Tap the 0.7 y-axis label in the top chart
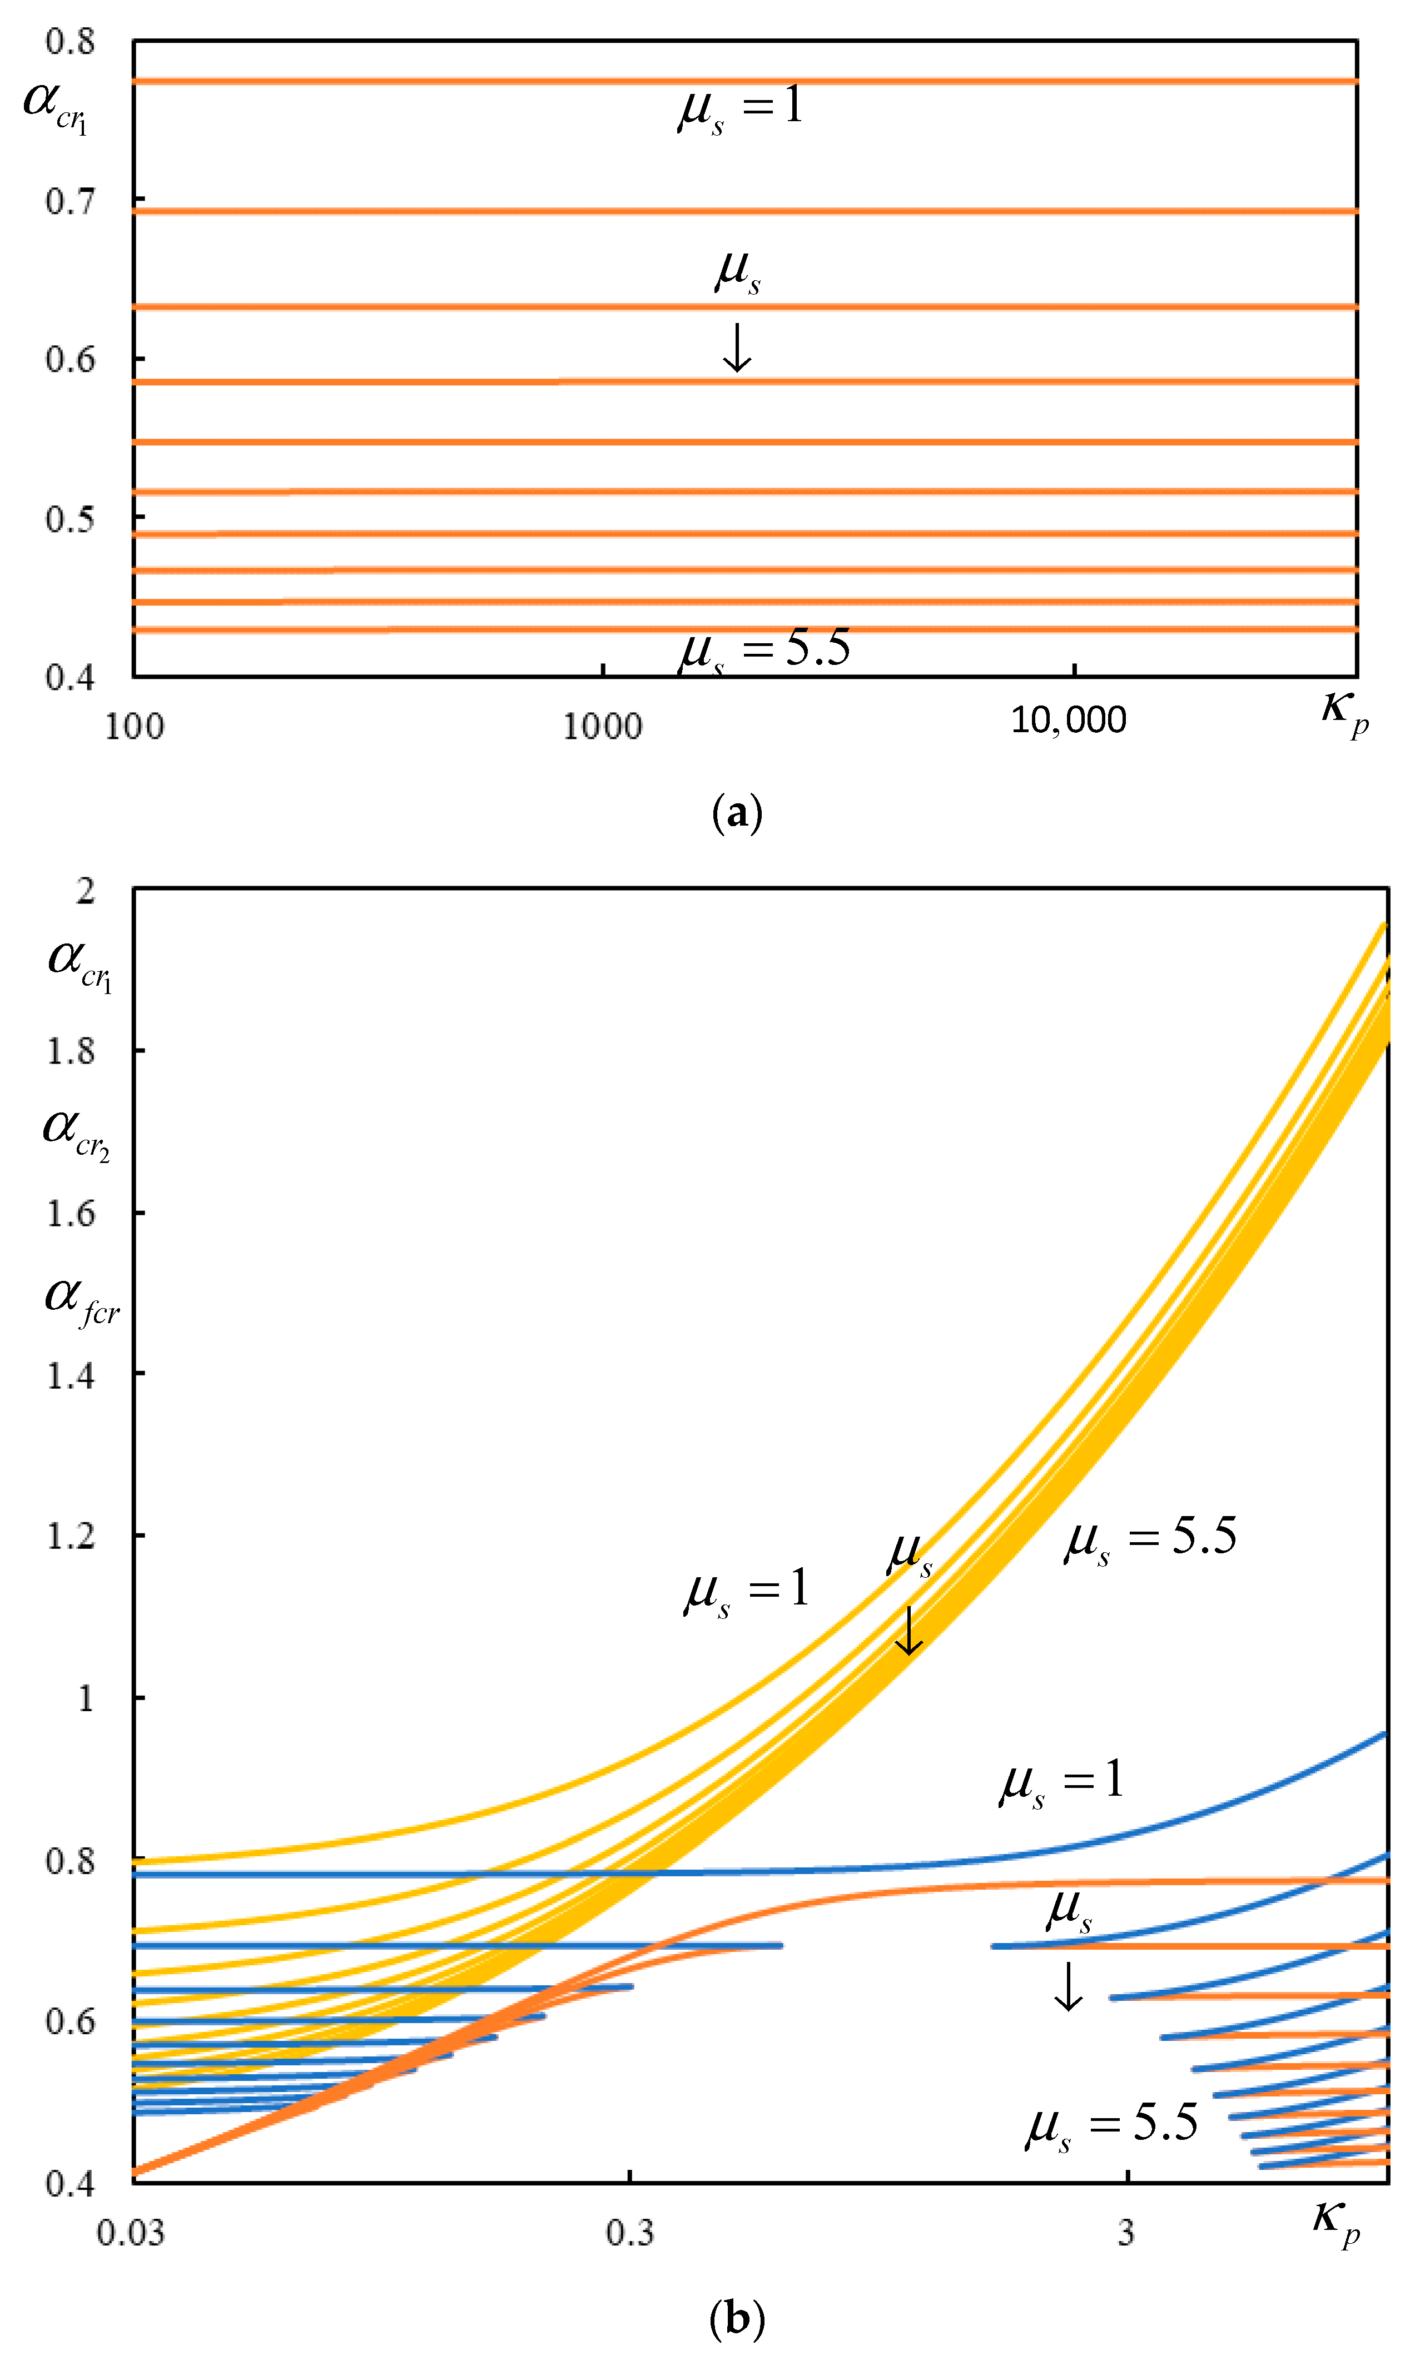pos(70,201)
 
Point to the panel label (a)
pos(736,814)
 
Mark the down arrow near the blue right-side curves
pos(1068,1986)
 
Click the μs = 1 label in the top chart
pos(740,106)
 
